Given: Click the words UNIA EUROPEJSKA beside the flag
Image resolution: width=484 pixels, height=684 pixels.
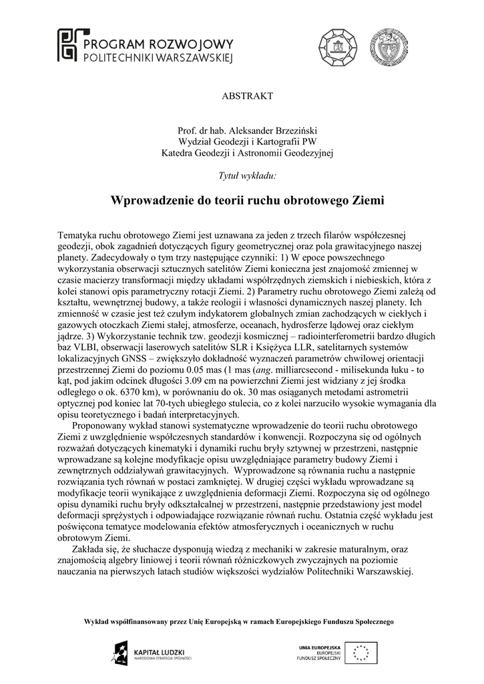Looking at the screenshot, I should (x=320, y=647).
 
